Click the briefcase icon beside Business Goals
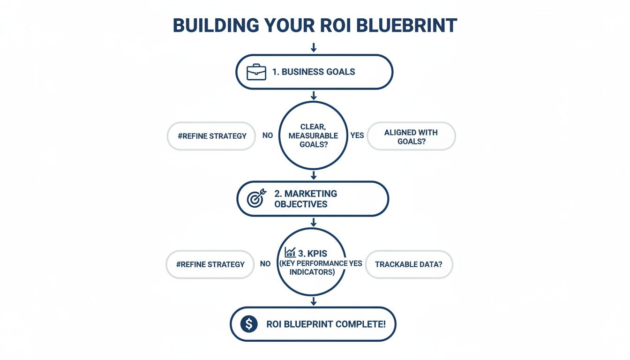click(x=256, y=72)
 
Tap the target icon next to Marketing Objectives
click(x=256, y=199)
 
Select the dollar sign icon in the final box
click(x=249, y=324)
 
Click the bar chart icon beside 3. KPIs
click(x=290, y=253)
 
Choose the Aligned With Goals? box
click(x=411, y=136)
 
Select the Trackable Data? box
click(x=409, y=264)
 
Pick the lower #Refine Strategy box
click(x=210, y=264)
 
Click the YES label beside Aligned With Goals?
click(x=357, y=135)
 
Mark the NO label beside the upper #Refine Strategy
click(x=268, y=135)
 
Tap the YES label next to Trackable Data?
click(x=355, y=263)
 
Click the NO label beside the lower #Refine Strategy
click(x=265, y=263)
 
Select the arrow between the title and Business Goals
click(x=314, y=47)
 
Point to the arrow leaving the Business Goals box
click(x=314, y=96)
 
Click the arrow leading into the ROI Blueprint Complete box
click(x=314, y=301)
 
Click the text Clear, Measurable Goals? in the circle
click(x=313, y=135)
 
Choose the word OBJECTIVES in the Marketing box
click(x=301, y=204)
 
